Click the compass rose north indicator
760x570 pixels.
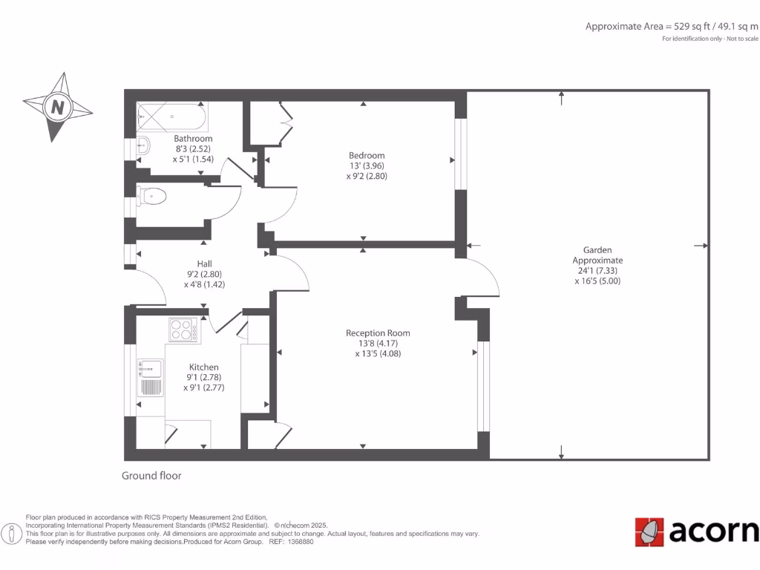pyautogui.click(x=57, y=107)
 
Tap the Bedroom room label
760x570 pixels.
pyautogui.click(x=367, y=155)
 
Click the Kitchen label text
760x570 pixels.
pyautogui.click(x=204, y=367)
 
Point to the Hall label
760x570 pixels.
pyautogui.click(x=204, y=263)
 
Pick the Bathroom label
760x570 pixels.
pyautogui.click(x=193, y=139)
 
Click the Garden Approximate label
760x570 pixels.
pyautogui.click(x=597, y=255)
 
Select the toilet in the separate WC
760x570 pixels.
pyautogui.click(x=151, y=197)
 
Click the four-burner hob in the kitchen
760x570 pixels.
pyautogui.click(x=183, y=329)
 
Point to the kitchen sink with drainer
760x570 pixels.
pyautogui.click(x=151, y=377)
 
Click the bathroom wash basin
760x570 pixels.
pyautogui.click(x=143, y=145)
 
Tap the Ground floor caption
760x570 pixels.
pyautogui.click(x=151, y=476)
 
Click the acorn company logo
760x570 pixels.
pyautogui.click(x=696, y=531)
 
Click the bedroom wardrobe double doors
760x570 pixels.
pyautogui.click(x=285, y=119)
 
